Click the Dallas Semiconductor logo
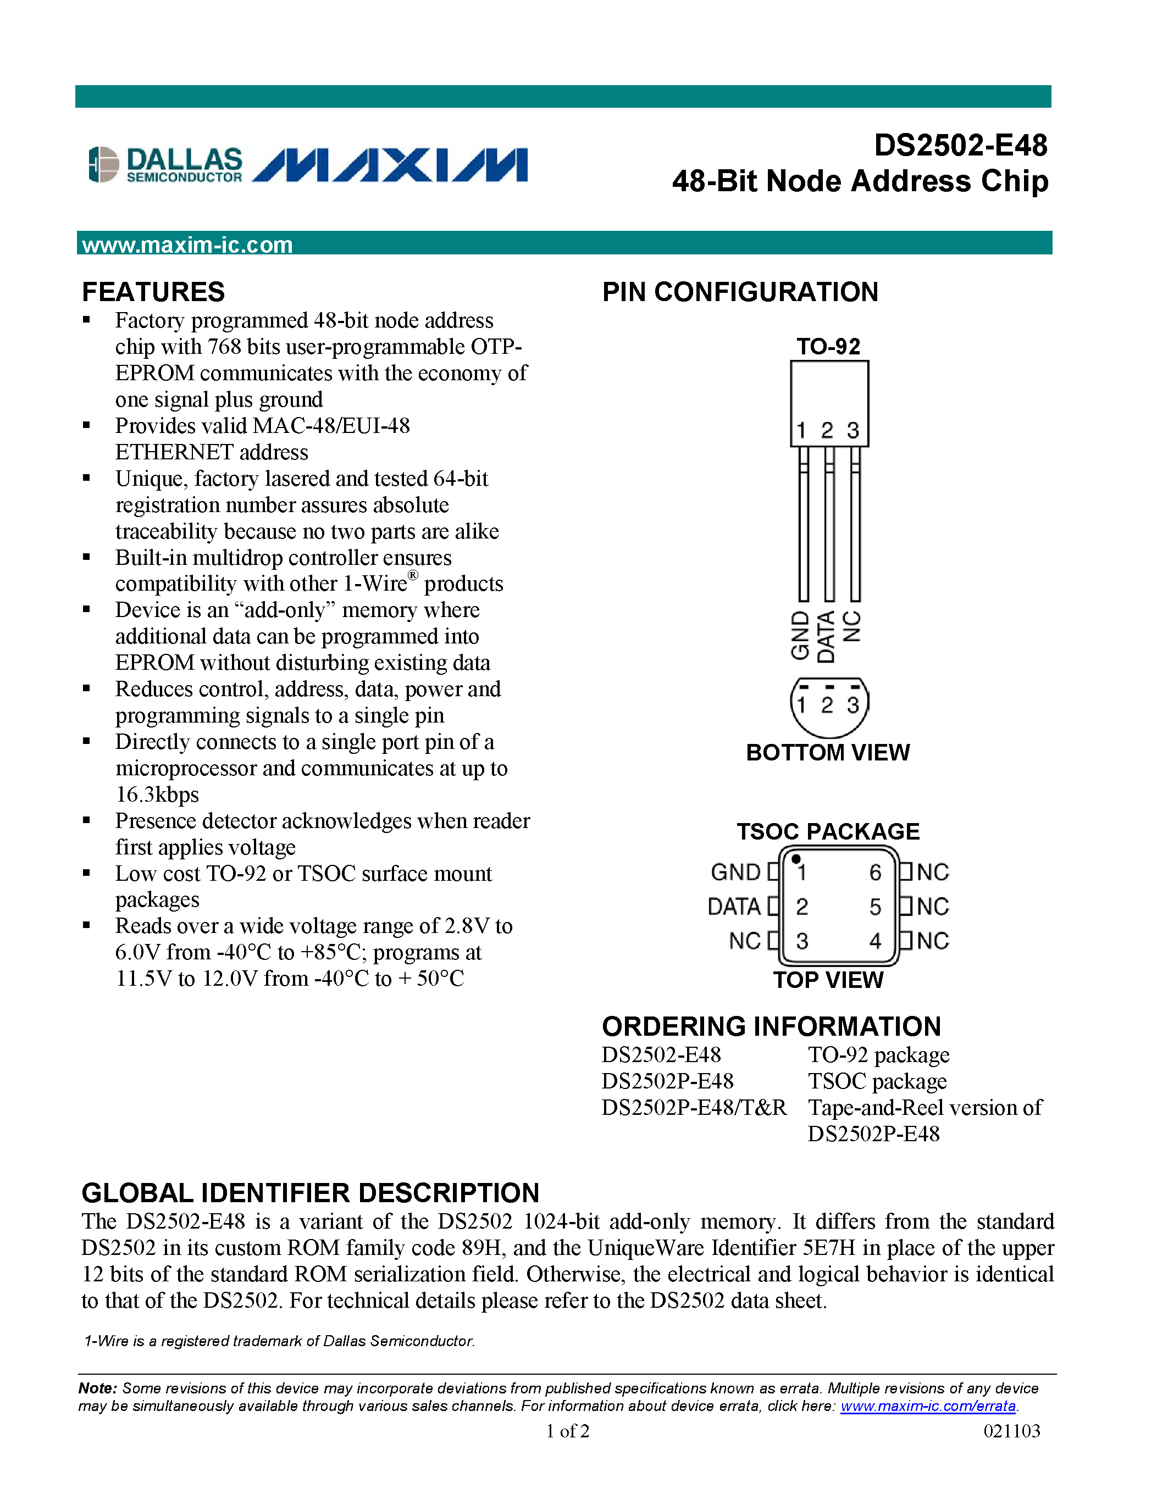tap(165, 165)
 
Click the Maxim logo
tap(390, 165)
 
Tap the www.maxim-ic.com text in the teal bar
tap(187, 245)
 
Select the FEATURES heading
tap(153, 292)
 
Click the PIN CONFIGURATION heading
tap(740, 292)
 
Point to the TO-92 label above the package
tap(828, 346)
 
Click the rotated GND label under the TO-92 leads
tap(801, 635)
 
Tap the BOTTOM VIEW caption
tap(828, 752)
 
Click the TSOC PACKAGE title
tap(828, 831)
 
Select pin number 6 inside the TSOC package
tap(874, 873)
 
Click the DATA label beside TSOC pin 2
tap(733, 906)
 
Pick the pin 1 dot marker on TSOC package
tap(796, 859)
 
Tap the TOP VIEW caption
tap(828, 980)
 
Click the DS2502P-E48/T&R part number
tap(694, 1108)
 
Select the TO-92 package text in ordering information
tap(878, 1055)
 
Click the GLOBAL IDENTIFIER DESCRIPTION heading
tap(310, 1193)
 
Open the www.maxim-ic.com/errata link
tap(928, 1406)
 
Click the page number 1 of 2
tap(567, 1431)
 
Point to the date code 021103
tap(1011, 1431)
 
